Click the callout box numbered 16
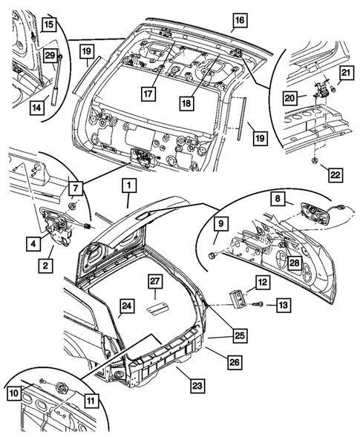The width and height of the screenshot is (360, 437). [238, 20]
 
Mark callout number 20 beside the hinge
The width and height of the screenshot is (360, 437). [292, 97]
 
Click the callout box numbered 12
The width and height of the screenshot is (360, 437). [262, 282]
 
